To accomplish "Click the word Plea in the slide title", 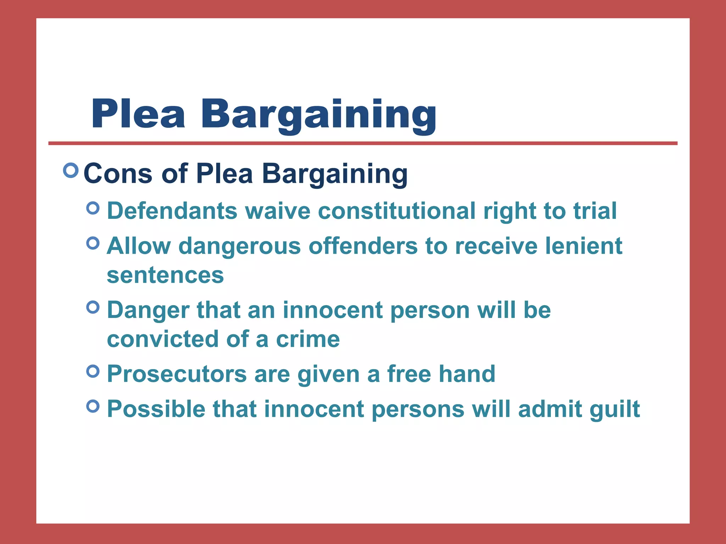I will pyautogui.click(x=138, y=114).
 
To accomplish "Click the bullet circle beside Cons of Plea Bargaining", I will pyautogui.click(x=71, y=170).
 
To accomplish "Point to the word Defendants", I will pyautogui.click(x=172, y=211).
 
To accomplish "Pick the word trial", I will pyautogui.click(x=595, y=211).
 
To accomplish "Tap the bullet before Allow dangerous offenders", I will pyautogui.click(x=93, y=243).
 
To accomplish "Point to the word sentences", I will pyautogui.click(x=165, y=275).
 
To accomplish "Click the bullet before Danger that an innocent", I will pyautogui.click(x=93, y=307).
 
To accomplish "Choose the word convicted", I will pyautogui.click(x=162, y=339).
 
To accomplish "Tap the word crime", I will pyautogui.click(x=308, y=339).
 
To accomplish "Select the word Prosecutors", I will pyautogui.click(x=177, y=374).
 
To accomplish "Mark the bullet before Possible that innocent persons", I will pyautogui.click(x=93, y=406).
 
